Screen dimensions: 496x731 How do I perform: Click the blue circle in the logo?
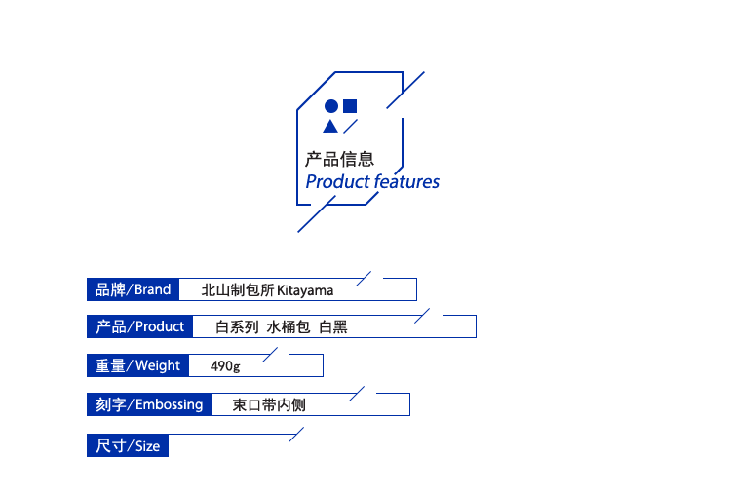[330, 106]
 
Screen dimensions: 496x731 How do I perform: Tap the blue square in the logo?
[350, 106]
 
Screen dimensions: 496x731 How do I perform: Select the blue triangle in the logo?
[330, 126]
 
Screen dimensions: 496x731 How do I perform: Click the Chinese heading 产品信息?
[340, 159]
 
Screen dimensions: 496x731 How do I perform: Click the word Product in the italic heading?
[337, 182]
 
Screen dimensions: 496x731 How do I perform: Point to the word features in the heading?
[406, 182]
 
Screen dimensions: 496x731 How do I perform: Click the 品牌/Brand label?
[132, 289]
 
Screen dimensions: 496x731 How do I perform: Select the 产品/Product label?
[138, 326]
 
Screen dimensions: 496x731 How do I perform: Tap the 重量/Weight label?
[136, 365]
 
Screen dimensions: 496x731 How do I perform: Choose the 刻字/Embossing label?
[148, 404]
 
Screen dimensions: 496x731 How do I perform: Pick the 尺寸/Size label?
[127, 446]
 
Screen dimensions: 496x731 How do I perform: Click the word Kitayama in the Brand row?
[305, 290]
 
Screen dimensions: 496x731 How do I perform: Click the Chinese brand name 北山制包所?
[238, 290]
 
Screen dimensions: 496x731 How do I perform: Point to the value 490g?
[225, 366]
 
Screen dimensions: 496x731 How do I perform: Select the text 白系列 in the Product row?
[237, 327]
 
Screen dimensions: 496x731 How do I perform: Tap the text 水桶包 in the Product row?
[289, 327]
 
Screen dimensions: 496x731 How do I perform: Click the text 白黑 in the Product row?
[333, 327]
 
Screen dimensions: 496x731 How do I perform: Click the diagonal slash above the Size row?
[296, 435]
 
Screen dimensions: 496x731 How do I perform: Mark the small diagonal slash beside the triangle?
[351, 126]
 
